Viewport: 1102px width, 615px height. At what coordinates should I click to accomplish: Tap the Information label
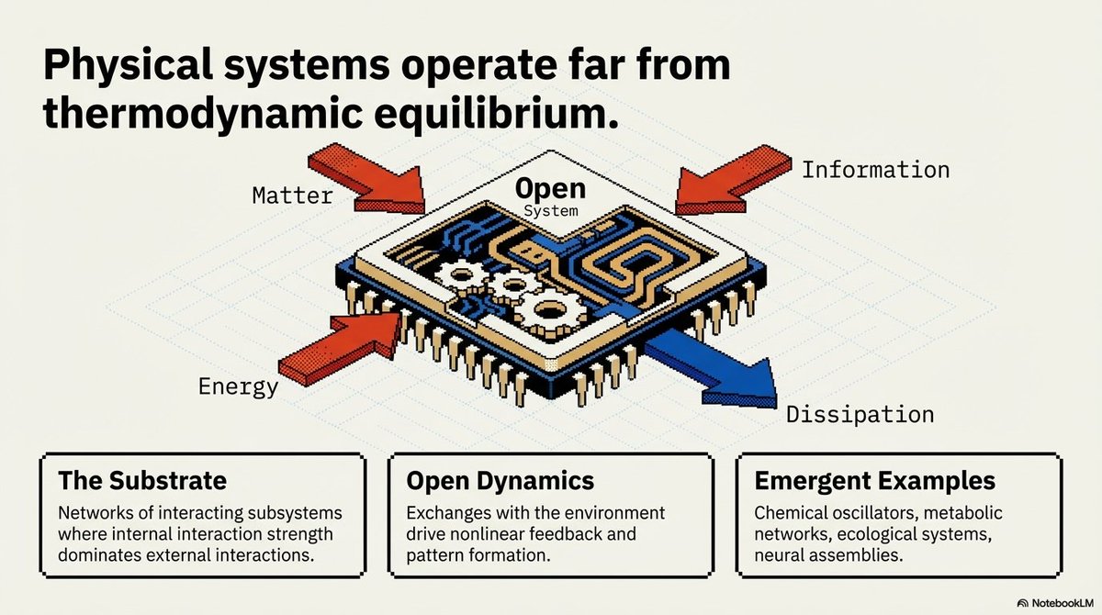click(875, 170)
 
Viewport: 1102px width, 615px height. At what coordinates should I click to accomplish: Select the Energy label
click(238, 386)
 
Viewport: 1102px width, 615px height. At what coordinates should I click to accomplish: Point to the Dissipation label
click(860, 415)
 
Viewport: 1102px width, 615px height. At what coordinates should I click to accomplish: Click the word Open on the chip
click(550, 189)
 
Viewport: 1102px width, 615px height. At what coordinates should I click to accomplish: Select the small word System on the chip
click(551, 210)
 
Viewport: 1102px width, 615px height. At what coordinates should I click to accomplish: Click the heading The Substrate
click(141, 481)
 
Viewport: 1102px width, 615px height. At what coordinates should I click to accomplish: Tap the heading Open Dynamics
click(500, 481)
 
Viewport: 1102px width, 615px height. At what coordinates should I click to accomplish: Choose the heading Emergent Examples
click(874, 481)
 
